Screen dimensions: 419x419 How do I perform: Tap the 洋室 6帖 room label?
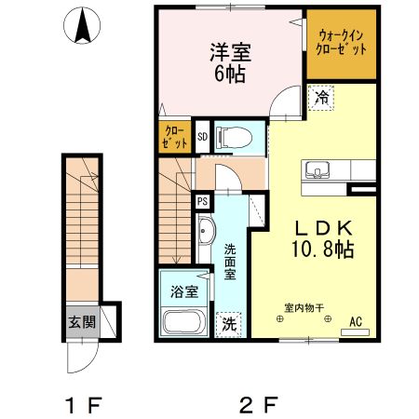pos(226,63)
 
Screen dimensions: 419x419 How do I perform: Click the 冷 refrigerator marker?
pos(322,97)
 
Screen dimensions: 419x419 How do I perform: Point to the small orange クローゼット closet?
pos(173,138)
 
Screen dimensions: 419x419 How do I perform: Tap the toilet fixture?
pos(233,138)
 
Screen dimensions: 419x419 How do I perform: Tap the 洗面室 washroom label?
pos(229,262)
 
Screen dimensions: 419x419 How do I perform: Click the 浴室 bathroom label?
pos(182,291)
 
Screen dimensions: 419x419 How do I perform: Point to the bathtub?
pos(183,322)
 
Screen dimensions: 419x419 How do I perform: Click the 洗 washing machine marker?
pos(228,324)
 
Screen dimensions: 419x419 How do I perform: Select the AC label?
pos(355,322)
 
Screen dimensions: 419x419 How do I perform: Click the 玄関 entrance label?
pos(81,322)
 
